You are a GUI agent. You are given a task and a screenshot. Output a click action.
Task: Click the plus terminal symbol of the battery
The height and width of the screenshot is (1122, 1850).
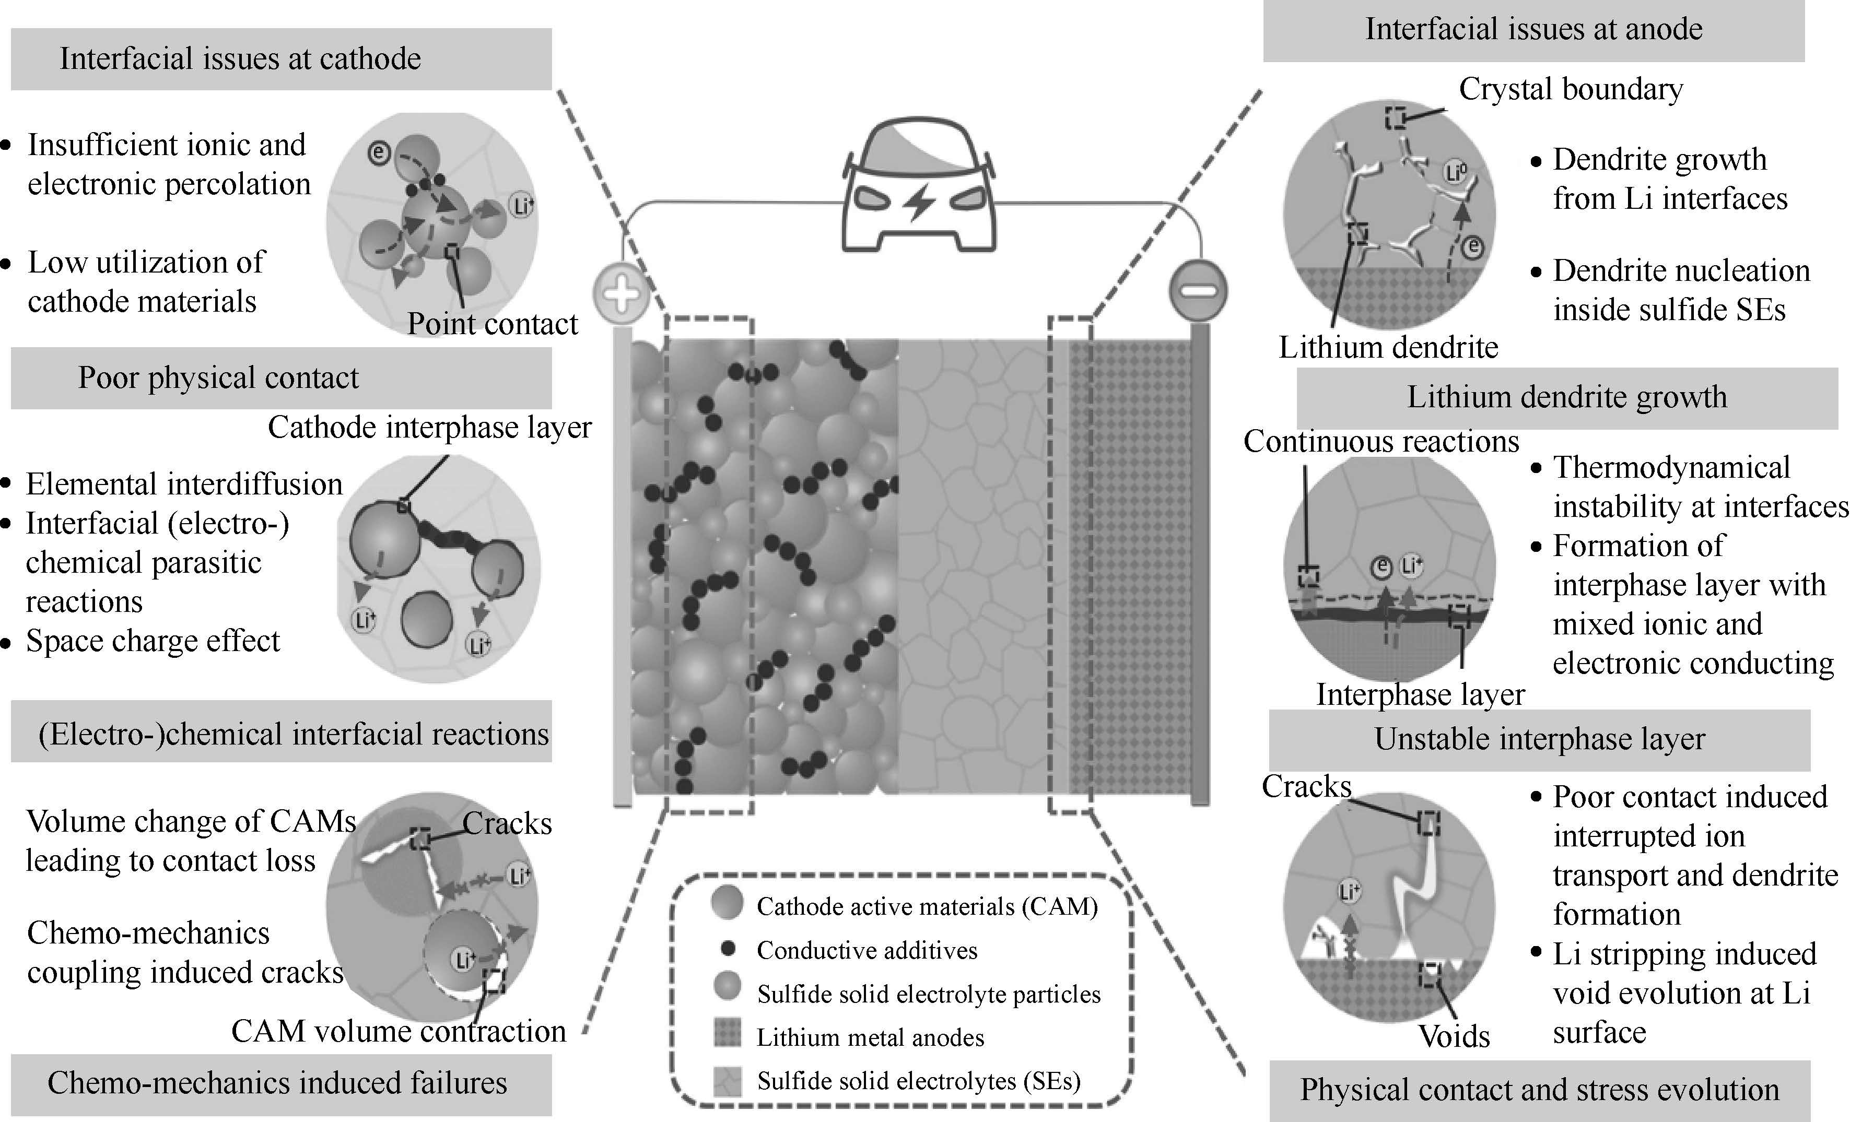[x=621, y=293]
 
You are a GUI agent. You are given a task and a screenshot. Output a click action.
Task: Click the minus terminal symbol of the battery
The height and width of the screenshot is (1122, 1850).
[x=1198, y=290]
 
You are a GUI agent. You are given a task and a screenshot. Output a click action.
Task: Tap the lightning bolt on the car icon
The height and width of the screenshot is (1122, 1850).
[x=918, y=203]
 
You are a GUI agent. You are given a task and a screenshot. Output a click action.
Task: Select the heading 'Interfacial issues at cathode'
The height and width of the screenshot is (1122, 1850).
[x=240, y=58]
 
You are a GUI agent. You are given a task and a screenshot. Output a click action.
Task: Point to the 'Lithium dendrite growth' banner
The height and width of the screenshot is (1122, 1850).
[x=1567, y=397]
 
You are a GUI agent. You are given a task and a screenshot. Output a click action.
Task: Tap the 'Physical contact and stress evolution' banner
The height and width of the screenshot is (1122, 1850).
[x=1539, y=1090]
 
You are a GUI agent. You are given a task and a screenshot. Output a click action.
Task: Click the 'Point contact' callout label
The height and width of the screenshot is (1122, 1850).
[x=493, y=324]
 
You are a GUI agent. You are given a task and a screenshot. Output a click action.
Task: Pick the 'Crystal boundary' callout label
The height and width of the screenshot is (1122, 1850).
[x=1571, y=89]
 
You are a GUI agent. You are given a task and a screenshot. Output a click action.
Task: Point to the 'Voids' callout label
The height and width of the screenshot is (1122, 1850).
[x=1454, y=1036]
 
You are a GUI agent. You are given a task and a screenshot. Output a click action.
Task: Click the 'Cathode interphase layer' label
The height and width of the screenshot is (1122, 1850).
[x=429, y=428]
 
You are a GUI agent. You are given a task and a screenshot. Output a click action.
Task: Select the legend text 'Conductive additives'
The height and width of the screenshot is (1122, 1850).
[x=867, y=950]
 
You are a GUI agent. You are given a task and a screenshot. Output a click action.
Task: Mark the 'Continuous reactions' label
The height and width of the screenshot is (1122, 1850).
[x=1381, y=441]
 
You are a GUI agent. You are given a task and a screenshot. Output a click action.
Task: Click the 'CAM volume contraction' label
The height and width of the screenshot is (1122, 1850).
[x=398, y=1031]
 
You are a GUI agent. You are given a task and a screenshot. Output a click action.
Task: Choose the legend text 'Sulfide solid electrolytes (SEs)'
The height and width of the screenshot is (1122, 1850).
[x=919, y=1081]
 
